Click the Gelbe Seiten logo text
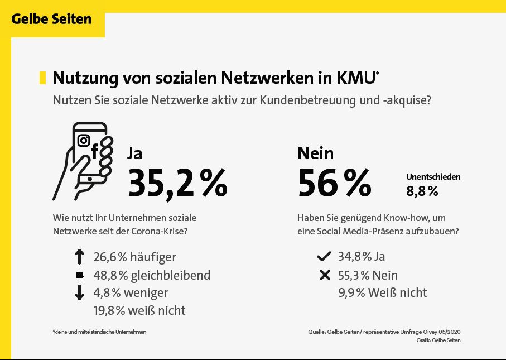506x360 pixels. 51,19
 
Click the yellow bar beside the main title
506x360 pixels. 42,78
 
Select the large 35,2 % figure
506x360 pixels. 177,183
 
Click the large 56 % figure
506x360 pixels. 334,183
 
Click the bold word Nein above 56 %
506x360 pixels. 316,153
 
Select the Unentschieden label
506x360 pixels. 433,177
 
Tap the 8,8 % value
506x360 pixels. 422,191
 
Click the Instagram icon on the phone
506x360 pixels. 84,140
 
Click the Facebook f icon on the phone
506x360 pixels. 94,151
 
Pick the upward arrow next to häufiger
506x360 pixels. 79,257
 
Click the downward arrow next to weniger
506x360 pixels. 79,292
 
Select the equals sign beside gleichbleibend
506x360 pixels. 79,275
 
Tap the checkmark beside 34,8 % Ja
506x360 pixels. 324,257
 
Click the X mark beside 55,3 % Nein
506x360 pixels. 324,275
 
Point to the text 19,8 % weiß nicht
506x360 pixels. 139,310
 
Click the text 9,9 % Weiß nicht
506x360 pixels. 382,292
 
